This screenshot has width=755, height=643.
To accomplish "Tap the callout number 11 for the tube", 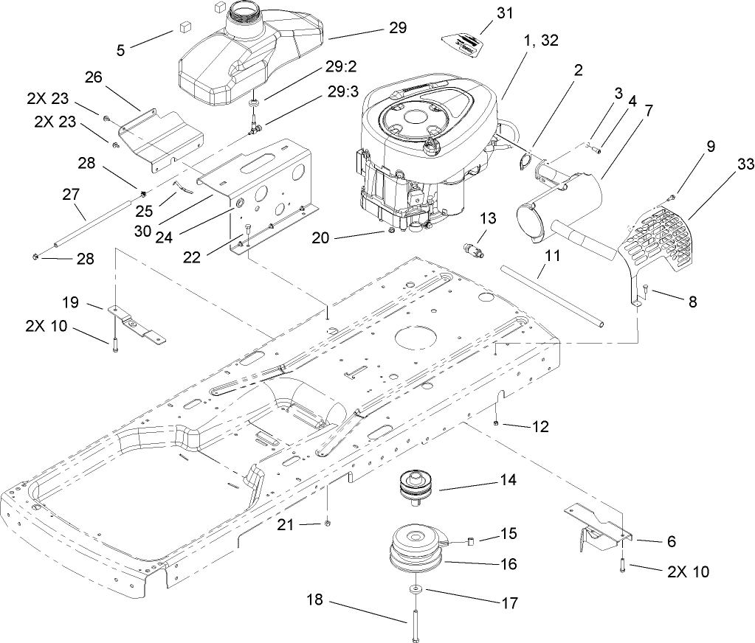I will [552, 256].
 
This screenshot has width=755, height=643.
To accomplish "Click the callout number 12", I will [541, 426].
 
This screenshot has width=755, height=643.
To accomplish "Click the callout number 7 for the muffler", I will [648, 111].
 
